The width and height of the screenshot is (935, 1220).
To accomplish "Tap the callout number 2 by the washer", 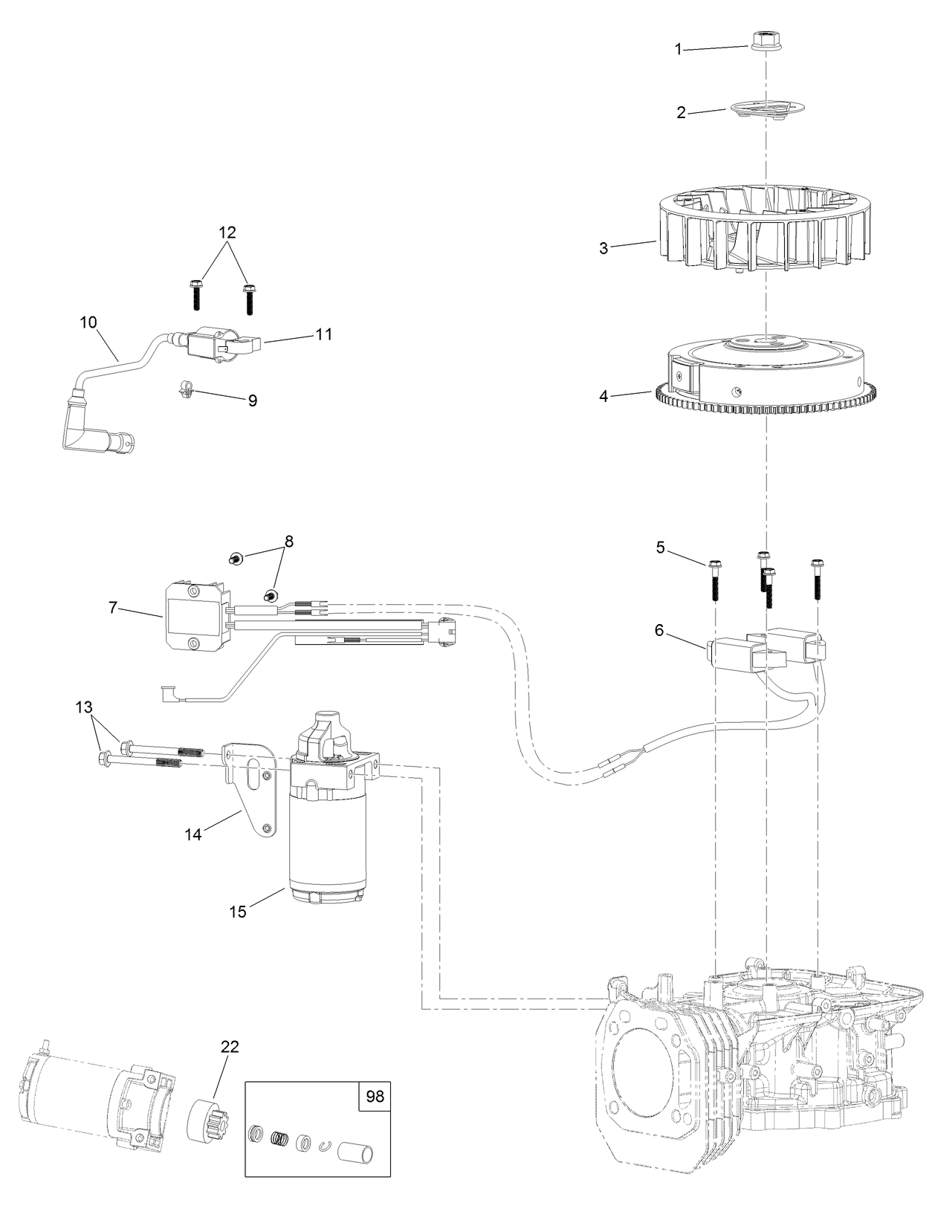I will coord(681,113).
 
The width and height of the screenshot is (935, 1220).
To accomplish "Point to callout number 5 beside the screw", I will coord(660,548).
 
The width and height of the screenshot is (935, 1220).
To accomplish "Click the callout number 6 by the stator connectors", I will coord(659,630).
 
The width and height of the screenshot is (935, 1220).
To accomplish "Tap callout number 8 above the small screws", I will coord(288,541).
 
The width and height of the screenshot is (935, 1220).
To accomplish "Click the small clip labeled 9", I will coord(187,387).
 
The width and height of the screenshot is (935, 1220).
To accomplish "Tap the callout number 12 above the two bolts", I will coord(227,231).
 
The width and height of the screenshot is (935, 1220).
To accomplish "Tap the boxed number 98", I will coord(375,1097).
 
